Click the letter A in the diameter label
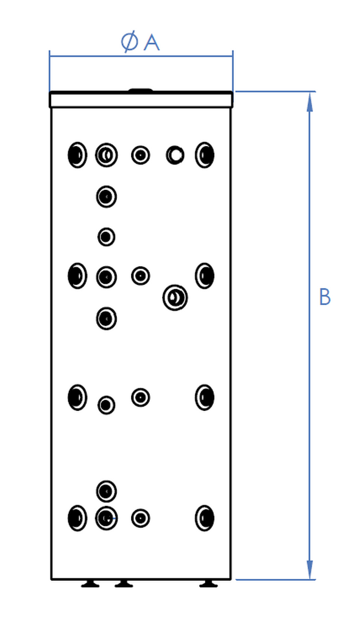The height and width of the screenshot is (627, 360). [x=152, y=43]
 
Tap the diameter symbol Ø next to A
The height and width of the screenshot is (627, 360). [x=129, y=43]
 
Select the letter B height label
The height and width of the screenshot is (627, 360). [x=325, y=297]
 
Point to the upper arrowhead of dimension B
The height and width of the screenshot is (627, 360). [x=309, y=102]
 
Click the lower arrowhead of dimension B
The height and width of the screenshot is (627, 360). [x=309, y=569]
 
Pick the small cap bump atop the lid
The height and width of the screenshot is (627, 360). [x=140, y=91]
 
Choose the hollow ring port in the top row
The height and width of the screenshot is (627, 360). [x=175, y=155]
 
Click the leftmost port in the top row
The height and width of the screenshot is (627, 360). [x=77, y=155]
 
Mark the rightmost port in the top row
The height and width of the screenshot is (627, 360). [x=205, y=155]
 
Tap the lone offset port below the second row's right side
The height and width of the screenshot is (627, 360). [x=175, y=298]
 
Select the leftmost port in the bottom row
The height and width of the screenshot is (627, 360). [x=77, y=518]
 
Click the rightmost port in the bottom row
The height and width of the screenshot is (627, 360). [x=205, y=518]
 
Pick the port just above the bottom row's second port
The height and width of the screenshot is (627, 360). [x=107, y=491]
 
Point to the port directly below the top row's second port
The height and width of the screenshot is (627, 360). [x=107, y=197]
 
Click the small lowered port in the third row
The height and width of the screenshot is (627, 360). [x=107, y=405]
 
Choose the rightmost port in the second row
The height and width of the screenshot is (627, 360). [x=205, y=276]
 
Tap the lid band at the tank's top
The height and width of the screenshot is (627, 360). [x=141, y=100]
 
